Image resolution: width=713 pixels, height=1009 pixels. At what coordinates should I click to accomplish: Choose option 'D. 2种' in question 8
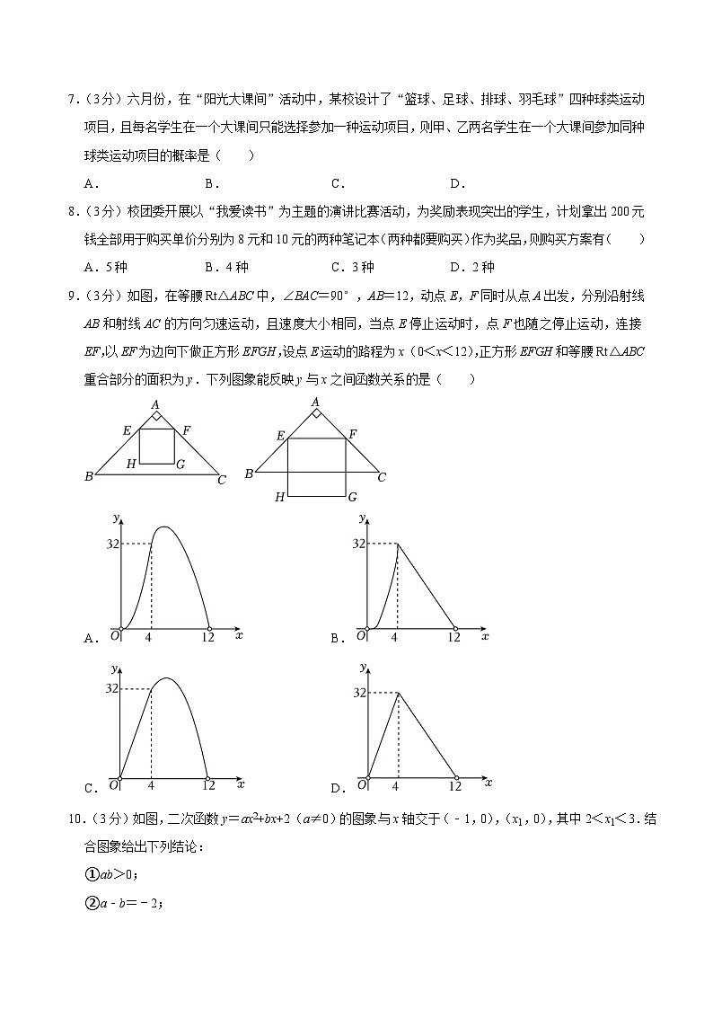tap(471, 267)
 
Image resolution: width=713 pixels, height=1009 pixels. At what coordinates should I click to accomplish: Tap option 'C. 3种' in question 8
tap(352, 267)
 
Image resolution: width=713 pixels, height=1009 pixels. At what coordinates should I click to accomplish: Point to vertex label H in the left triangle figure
tap(131, 464)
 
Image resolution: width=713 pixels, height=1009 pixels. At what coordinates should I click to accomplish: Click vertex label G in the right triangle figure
tap(352, 496)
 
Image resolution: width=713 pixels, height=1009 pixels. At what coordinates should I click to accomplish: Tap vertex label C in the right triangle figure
tap(381, 477)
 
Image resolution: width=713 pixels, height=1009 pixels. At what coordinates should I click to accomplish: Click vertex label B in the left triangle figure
tap(89, 476)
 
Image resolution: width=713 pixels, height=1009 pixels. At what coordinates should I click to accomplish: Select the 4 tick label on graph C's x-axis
tap(150, 785)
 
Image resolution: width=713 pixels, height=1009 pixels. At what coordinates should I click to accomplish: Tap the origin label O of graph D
tap(360, 784)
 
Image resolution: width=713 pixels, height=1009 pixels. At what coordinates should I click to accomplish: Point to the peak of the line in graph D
tap(396, 692)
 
